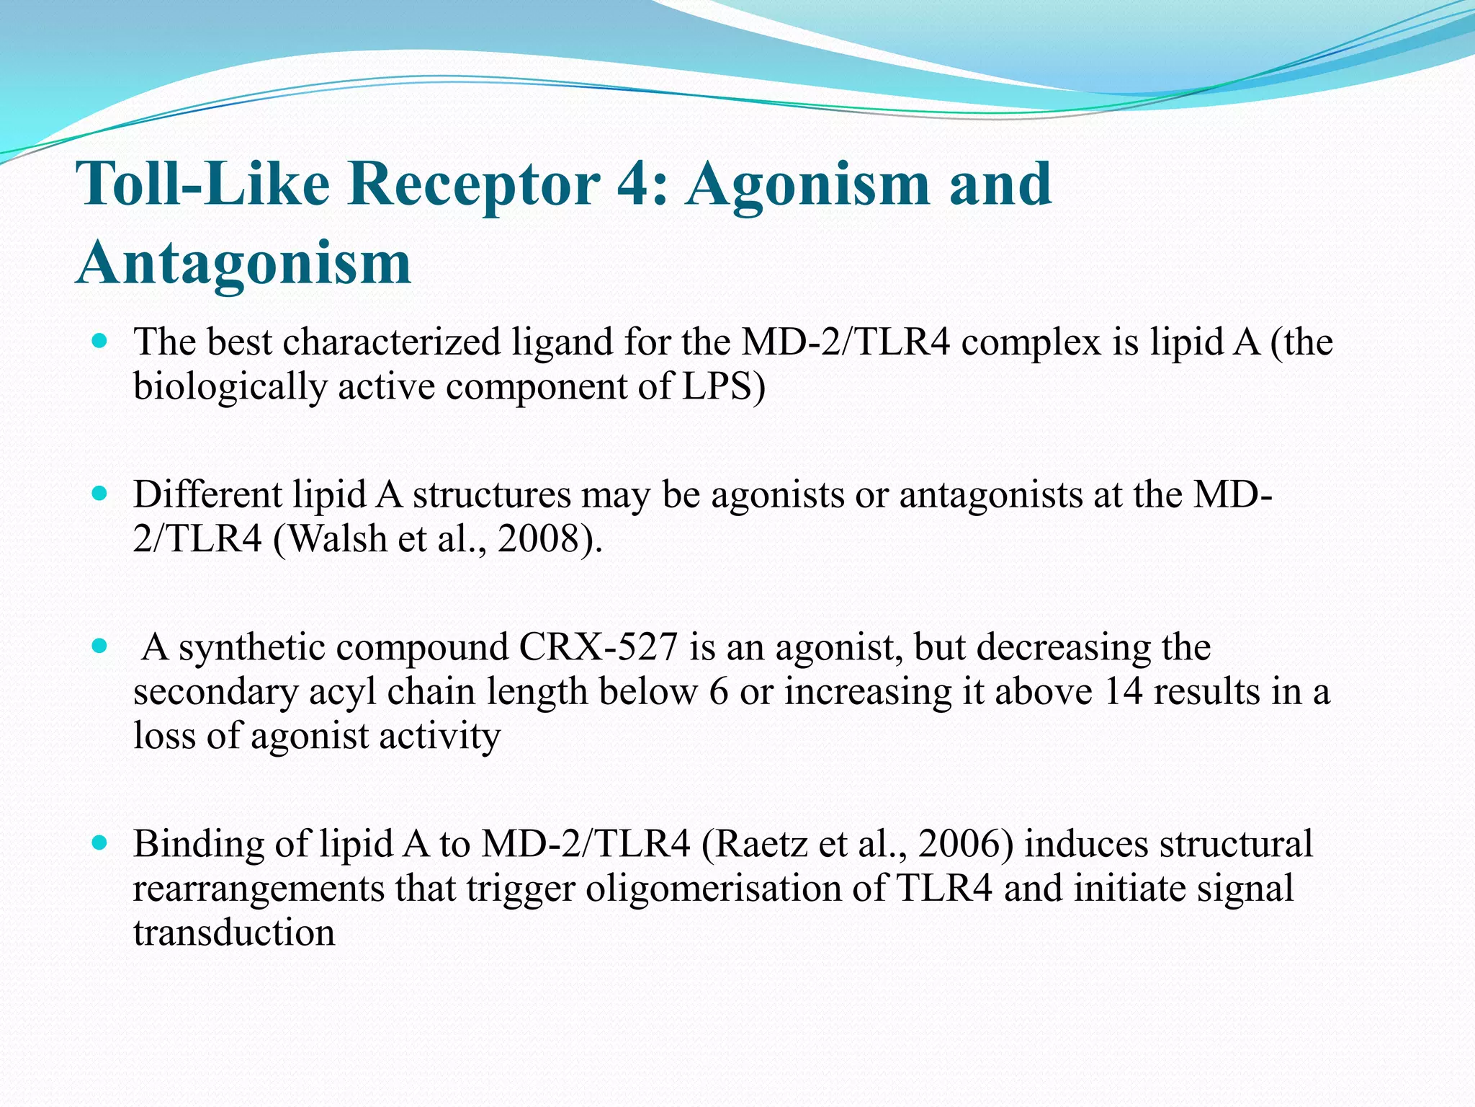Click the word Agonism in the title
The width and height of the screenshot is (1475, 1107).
pos(808,184)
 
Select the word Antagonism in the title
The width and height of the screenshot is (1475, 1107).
pos(243,264)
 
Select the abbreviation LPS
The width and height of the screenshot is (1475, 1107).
pos(722,387)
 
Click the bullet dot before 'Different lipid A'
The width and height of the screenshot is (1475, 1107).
pos(100,494)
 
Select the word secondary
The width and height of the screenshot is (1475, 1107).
pos(215,692)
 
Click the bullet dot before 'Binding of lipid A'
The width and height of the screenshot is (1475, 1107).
pos(100,842)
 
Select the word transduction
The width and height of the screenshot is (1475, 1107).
pos(234,933)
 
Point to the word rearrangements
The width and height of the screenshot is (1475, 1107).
pos(259,888)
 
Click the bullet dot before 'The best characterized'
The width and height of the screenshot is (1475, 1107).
pos(100,342)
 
